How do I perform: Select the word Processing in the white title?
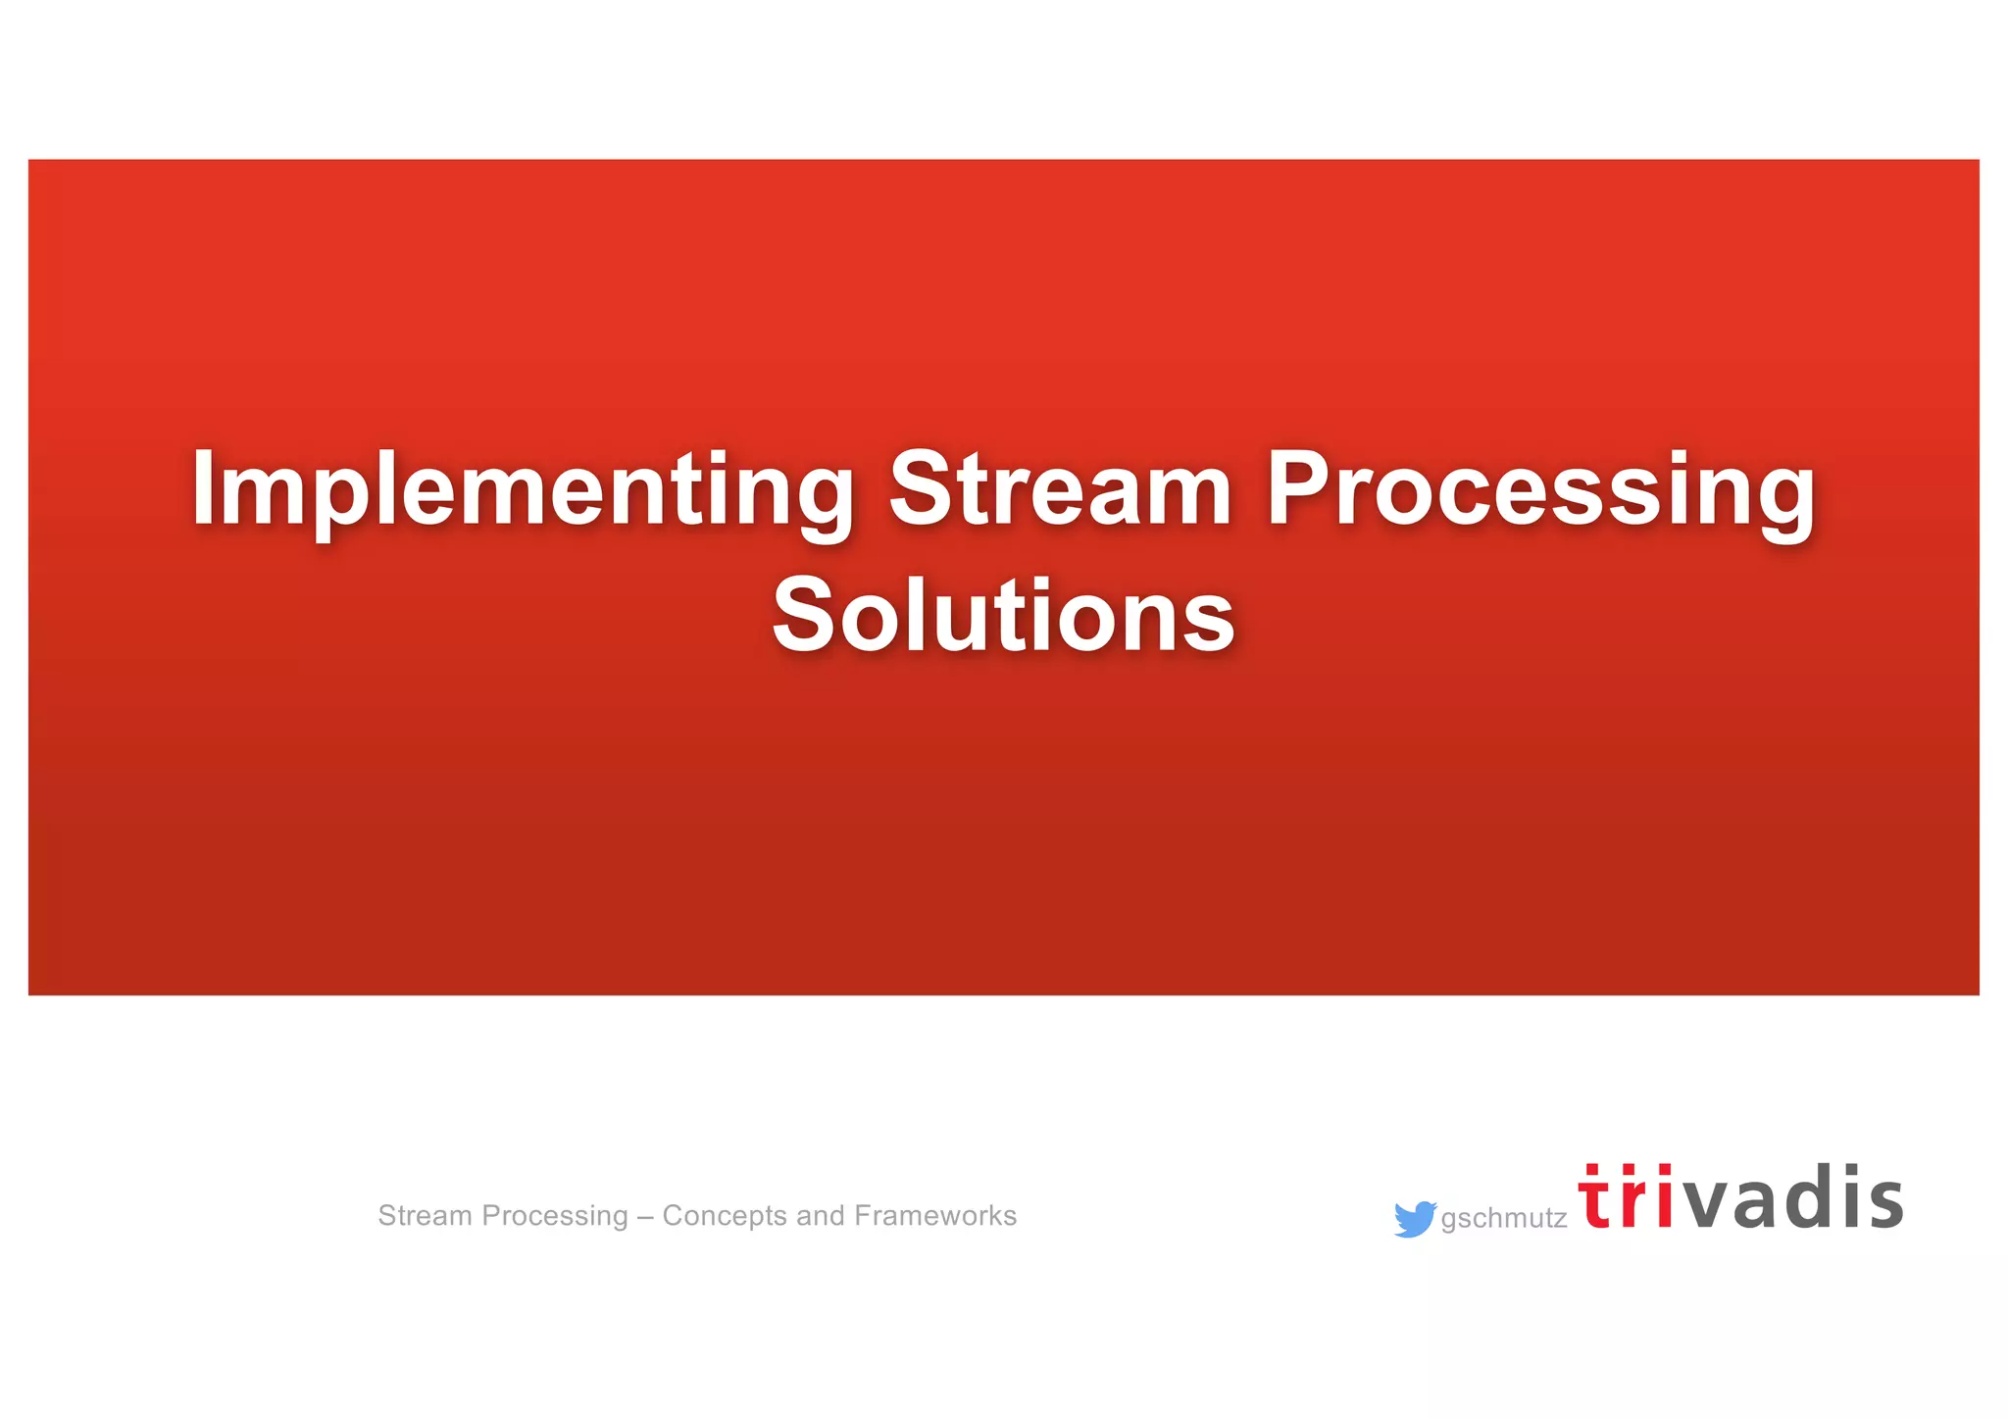coord(1539,490)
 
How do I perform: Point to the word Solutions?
coord(1003,615)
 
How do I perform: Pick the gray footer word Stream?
coord(425,1215)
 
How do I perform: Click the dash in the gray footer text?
coord(645,1217)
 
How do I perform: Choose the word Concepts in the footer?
coord(725,1217)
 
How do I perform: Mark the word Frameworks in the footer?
coord(935,1215)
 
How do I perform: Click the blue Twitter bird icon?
coord(1414,1218)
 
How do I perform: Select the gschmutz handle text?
coord(1503,1219)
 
